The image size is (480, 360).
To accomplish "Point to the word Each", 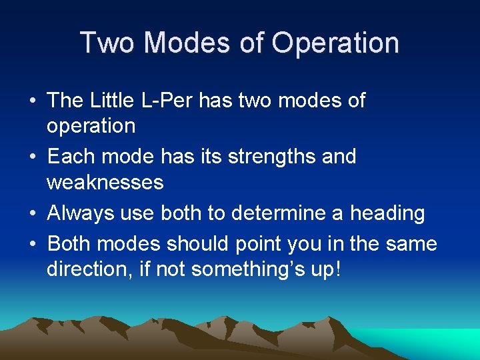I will click(70, 157).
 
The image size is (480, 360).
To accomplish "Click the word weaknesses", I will click(105, 181).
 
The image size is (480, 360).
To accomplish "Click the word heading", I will click(387, 214).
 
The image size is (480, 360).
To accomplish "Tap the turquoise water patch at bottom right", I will click(440, 340).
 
